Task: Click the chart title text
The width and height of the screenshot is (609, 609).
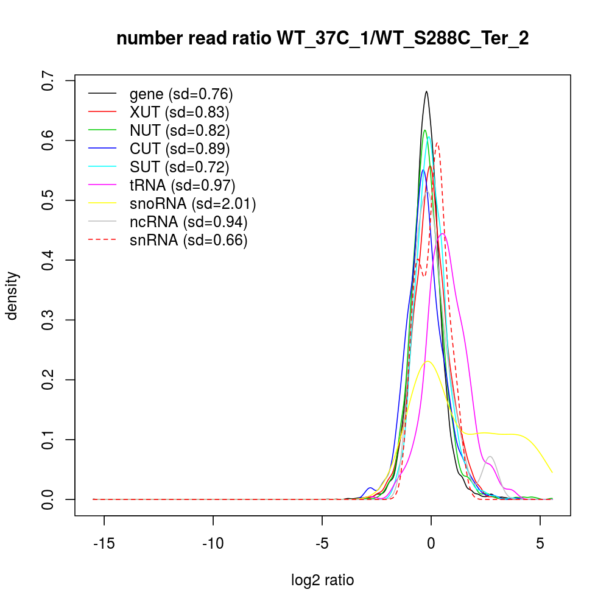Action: click(323, 39)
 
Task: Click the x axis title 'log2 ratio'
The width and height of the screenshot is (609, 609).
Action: click(323, 580)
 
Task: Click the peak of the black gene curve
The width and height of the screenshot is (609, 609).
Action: click(426, 92)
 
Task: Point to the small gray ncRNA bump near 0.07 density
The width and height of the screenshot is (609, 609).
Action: click(490, 457)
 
